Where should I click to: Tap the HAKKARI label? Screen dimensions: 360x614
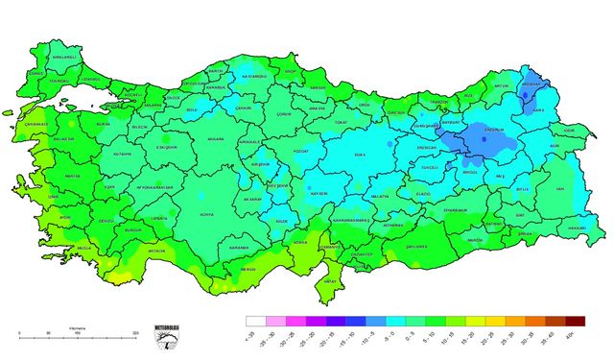[x=576, y=228]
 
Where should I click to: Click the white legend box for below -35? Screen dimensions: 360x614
[x=255, y=322]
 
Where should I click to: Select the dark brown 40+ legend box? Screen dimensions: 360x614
[x=575, y=322]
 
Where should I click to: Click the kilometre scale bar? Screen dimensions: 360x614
[x=78, y=337]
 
